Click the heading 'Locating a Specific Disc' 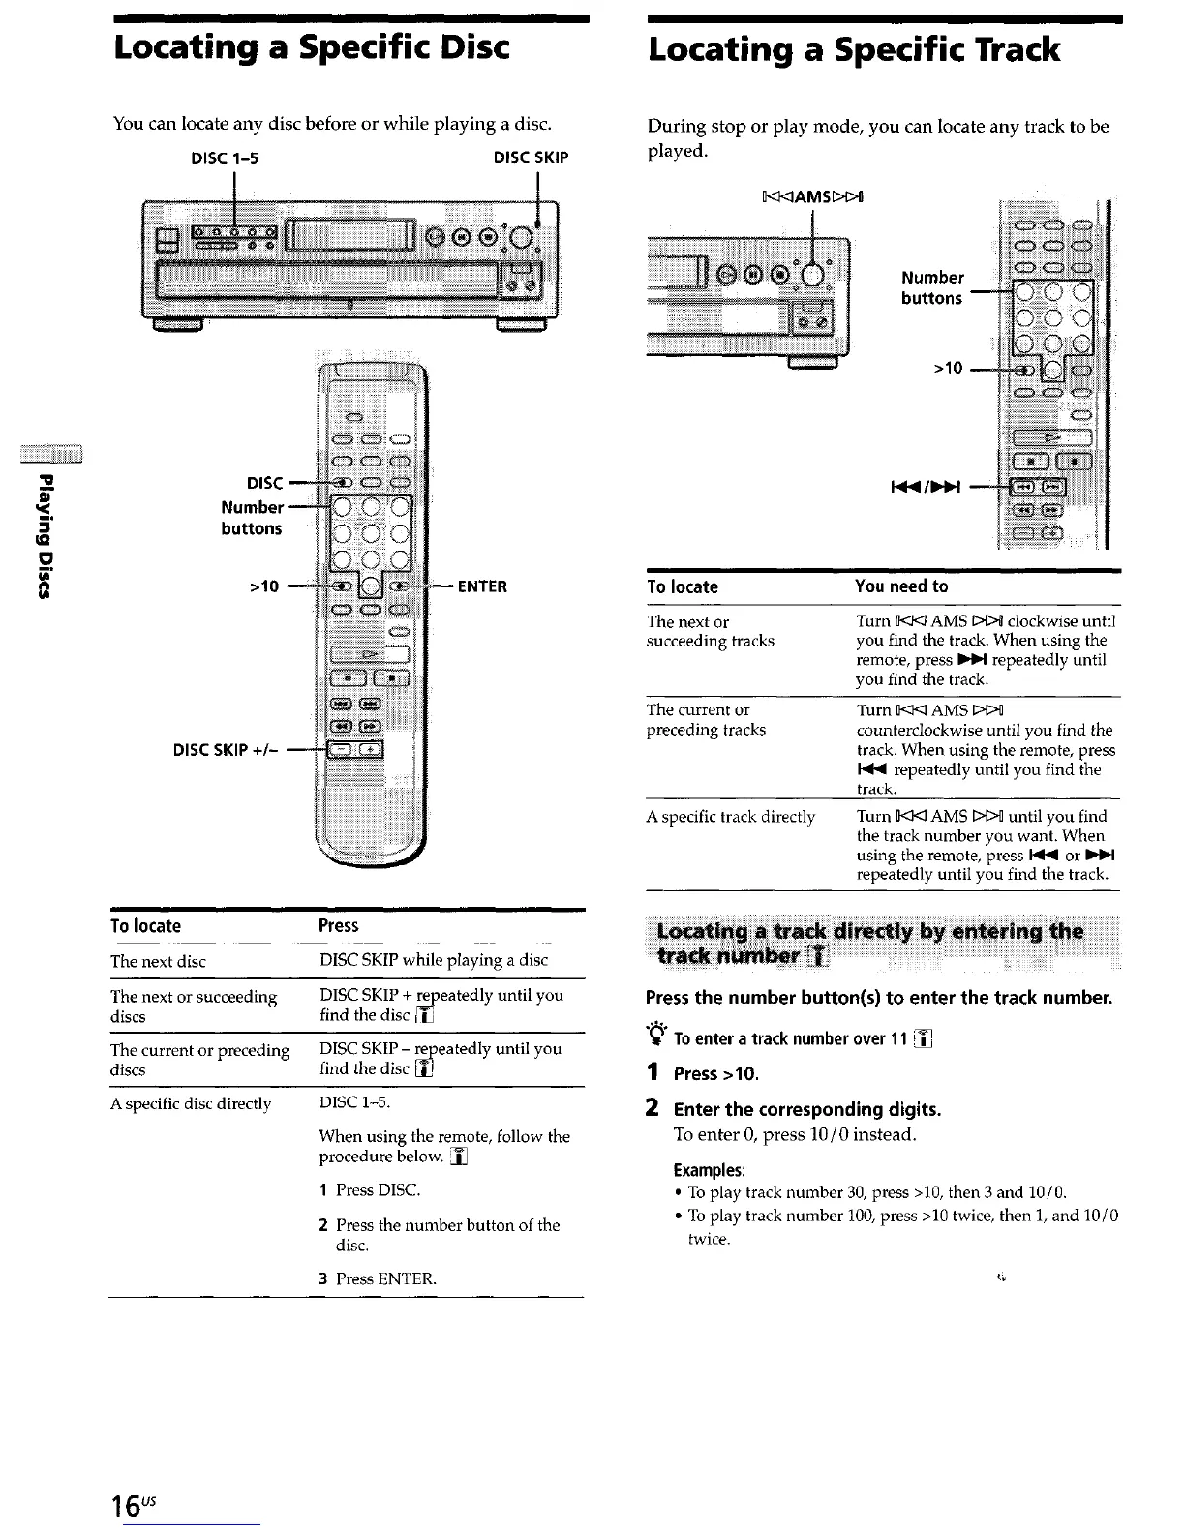click(x=311, y=47)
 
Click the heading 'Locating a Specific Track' click(x=854, y=49)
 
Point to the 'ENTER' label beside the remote click(x=482, y=586)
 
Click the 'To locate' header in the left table click(x=145, y=926)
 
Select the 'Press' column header click(x=339, y=926)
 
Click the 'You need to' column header click(x=901, y=586)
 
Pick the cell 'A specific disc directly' click(x=191, y=1104)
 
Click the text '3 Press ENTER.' click(x=379, y=1278)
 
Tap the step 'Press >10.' click(x=716, y=1073)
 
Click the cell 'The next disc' click(x=158, y=961)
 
